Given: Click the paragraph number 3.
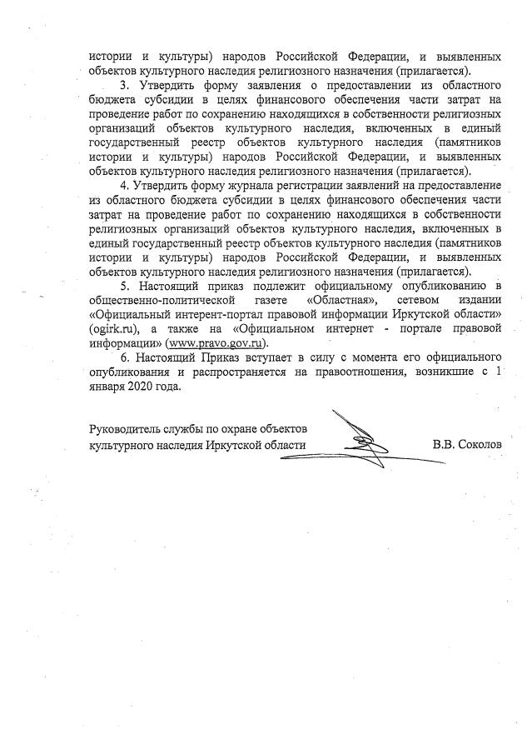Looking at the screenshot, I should pyautogui.click(x=123, y=86).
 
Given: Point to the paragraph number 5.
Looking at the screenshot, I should pyautogui.click(x=123, y=286).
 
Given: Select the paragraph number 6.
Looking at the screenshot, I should pyautogui.click(x=124, y=359).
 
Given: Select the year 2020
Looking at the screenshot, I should pyautogui.click(x=142, y=387).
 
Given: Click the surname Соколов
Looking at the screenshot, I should pyautogui.click(x=479, y=445).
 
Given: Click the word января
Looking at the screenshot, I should pyautogui.click(x=107, y=387).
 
